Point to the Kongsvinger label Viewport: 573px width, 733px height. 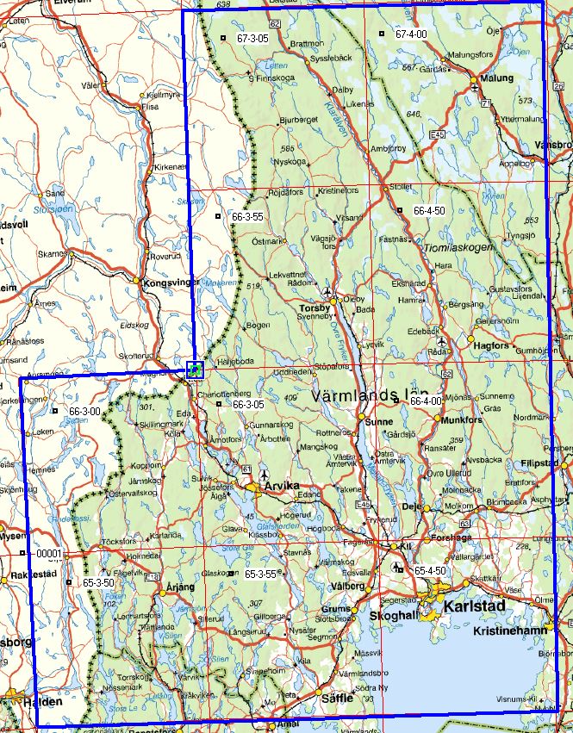(172, 282)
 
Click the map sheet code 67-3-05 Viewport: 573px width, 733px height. (252, 38)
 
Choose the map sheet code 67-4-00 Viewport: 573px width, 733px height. (411, 34)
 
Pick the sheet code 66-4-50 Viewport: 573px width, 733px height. (428, 210)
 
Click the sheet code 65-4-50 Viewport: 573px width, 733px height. (429, 570)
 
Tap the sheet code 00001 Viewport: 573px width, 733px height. (50, 554)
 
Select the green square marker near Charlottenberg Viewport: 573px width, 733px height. (196, 370)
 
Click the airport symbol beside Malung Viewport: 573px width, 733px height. (475, 88)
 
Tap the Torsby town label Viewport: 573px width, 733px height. (315, 307)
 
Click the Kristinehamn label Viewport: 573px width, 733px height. (509, 631)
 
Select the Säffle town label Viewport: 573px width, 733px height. (338, 699)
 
